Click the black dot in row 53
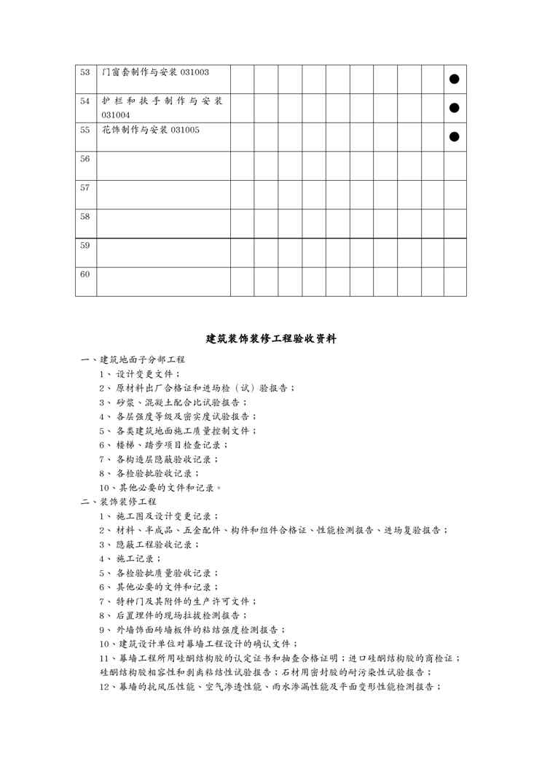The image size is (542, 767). coord(455,79)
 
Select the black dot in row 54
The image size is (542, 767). coord(455,108)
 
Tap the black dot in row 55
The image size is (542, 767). coord(455,136)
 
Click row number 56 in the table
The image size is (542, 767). coord(85,158)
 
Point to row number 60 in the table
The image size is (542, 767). coord(85,274)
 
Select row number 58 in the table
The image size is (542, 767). coord(85,217)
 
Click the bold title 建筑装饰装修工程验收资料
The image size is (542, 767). coord(271,338)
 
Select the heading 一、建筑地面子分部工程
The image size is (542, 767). coord(133,359)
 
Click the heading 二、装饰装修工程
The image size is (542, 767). coord(118,502)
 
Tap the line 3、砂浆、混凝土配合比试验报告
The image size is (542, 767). coord(173,402)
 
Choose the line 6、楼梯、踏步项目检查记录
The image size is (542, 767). coord(164,445)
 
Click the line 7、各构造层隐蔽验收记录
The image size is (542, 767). coord(164,459)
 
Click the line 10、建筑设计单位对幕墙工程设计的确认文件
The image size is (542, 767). coord(198,644)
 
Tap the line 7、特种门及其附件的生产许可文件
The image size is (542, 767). coord(178,601)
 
